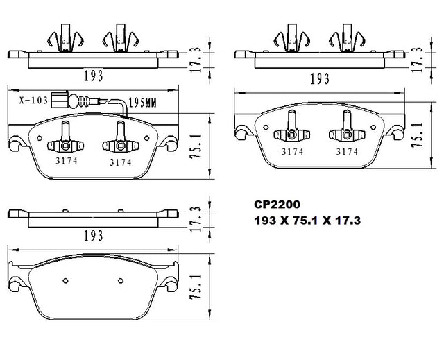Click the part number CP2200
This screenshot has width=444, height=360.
coord(277,205)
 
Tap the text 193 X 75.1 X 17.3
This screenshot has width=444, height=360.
coord(307,221)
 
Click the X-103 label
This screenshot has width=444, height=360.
coord(33,100)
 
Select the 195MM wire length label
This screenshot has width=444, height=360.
coord(142,103)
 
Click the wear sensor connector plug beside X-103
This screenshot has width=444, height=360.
coord(60,99)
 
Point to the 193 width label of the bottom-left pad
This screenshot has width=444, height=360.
coord(93,235)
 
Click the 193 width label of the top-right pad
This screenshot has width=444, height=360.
coord(320,78)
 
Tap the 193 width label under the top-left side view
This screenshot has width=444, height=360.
coord(93,76)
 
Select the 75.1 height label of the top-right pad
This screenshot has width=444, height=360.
coord(418,135)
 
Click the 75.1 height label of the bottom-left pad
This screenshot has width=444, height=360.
coord(196,286)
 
